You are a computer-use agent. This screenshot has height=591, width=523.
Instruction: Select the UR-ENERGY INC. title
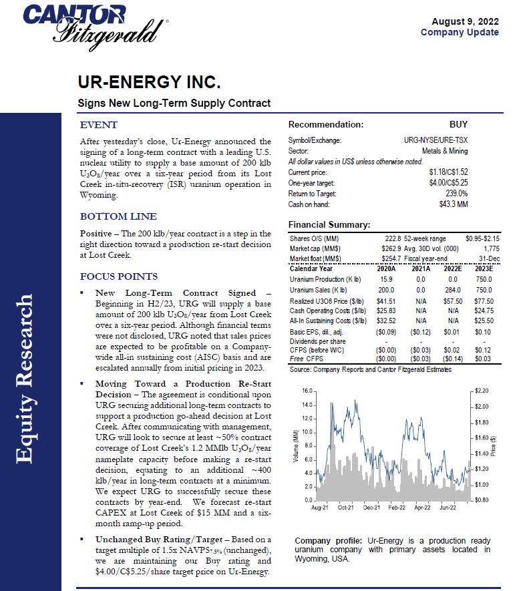coord(149,83)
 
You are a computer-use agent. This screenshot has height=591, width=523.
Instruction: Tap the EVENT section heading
coord(99,125)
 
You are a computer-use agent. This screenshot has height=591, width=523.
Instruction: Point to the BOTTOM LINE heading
coord(118,216)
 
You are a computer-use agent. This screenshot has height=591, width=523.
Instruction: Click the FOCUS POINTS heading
coord(119,276)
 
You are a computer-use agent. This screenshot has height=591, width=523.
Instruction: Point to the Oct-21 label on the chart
coord(346,508)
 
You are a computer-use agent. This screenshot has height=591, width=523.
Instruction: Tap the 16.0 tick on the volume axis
coord(307,390)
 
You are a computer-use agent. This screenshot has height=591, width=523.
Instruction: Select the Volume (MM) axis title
coord(296,445)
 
